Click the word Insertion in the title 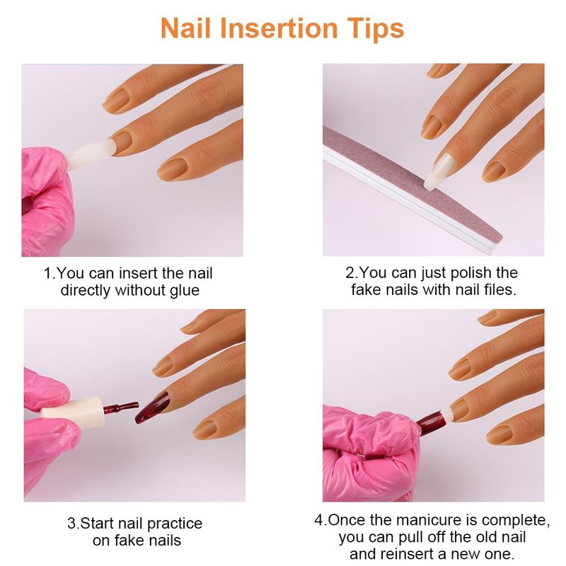(x=279, y=28)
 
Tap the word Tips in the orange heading (x=375, y=29)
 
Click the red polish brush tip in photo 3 (x=121, y=408)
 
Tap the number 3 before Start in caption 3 (x=71, y=524)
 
